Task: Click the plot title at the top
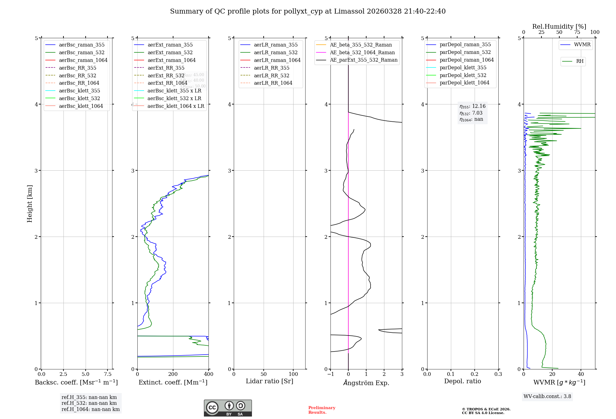[308, 11]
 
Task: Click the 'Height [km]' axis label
[30, 203]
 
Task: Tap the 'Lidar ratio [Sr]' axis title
[269, 381]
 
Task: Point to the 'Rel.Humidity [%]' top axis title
[559, 26]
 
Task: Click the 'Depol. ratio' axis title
[462, 381]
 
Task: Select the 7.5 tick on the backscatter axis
[107, 374]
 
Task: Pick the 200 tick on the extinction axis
[173, 374]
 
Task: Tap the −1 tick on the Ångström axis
[330, 374]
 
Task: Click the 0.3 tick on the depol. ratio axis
[498, 374]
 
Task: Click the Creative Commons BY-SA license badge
[228, 408]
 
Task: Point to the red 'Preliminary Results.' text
[322, 410]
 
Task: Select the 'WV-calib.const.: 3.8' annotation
[547, 396]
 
